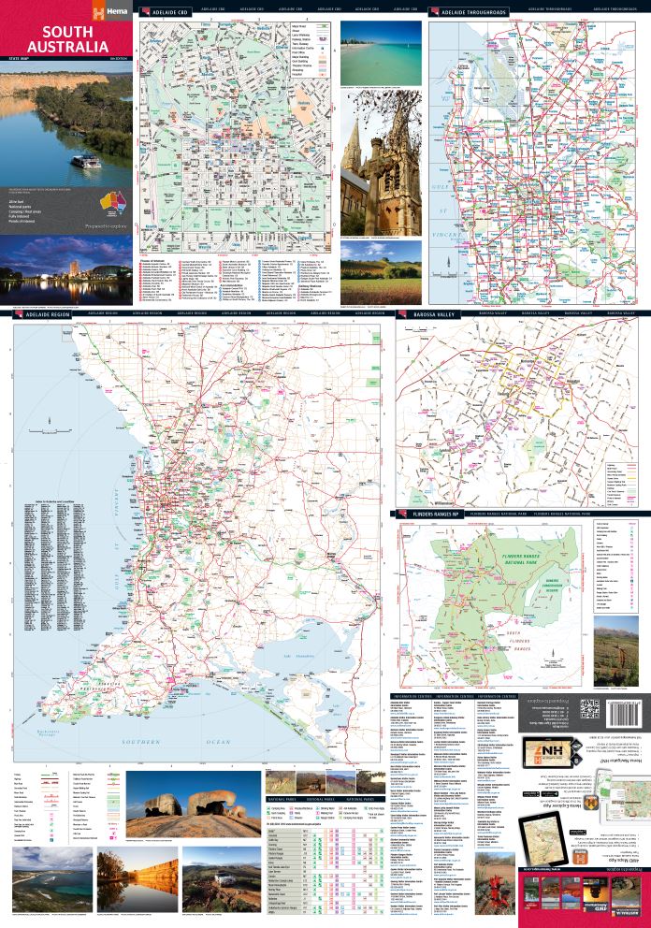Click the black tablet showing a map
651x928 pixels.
[553, 828]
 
